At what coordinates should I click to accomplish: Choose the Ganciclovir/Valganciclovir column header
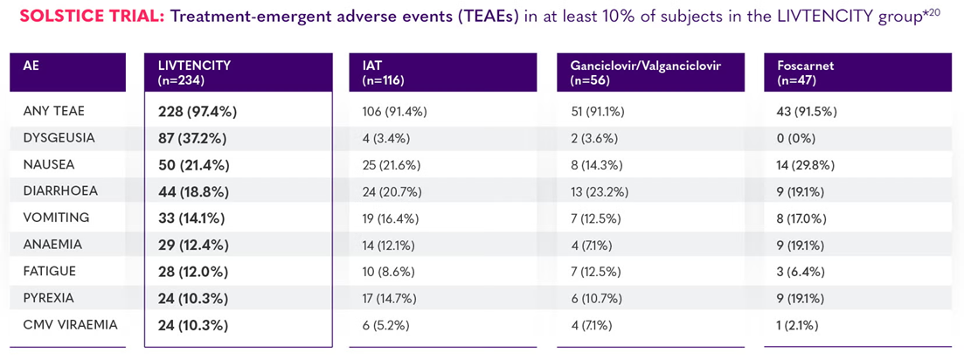pyautogui.click(x=645, y=73)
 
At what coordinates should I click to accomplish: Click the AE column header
pyautogui.click(x=31, y=66)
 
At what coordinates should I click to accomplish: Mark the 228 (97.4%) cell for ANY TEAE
pyautogui.click(x=198, y=112)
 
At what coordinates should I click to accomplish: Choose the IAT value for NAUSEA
pyautogui.click(x=394, y=165)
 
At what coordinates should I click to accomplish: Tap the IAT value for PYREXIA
pyautogui.click(x=394, y=298)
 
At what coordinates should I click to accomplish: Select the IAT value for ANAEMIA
pyautogui.click(x=394, y=245)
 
